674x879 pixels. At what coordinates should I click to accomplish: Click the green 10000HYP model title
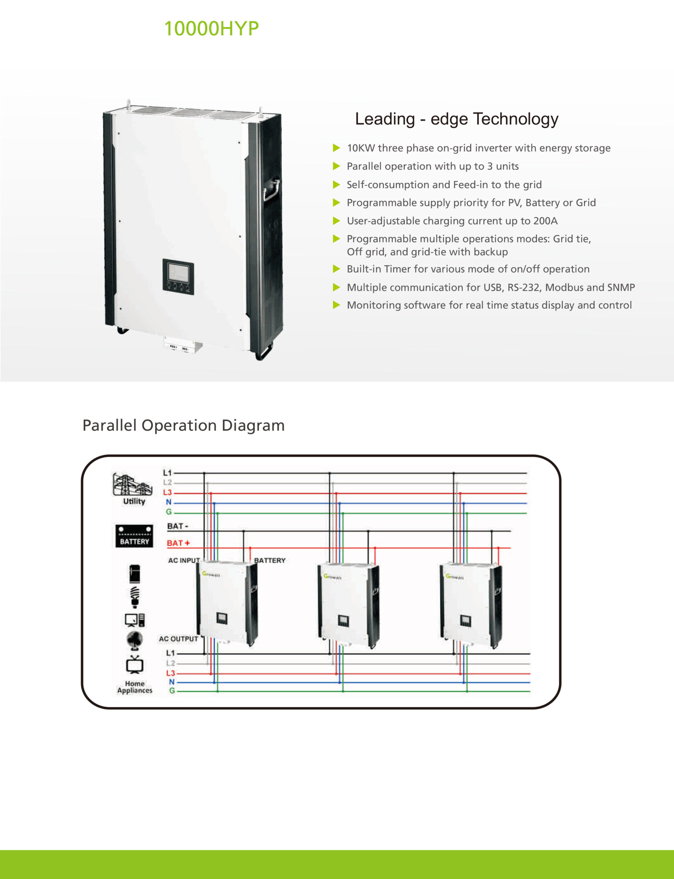(x=212, y=29)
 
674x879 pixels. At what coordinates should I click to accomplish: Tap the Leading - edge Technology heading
(x=456, y=119)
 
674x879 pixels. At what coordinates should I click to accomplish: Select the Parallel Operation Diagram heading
(x=183, y=425)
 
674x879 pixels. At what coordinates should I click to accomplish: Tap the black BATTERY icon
(x=134, y=536)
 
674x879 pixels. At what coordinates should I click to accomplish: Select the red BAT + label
(x=178, y=543)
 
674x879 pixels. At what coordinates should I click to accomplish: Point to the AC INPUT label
(x=184, y=560)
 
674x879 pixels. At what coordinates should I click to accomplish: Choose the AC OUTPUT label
(x=179, y=639)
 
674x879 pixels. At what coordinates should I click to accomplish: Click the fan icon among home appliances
(x=134, y=640)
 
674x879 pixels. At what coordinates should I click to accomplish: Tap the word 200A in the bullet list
(x=545, y=221)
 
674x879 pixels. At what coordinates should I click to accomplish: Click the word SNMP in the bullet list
(x=621, y=287)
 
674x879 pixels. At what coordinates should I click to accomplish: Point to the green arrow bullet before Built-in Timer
(x=336, y=269)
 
